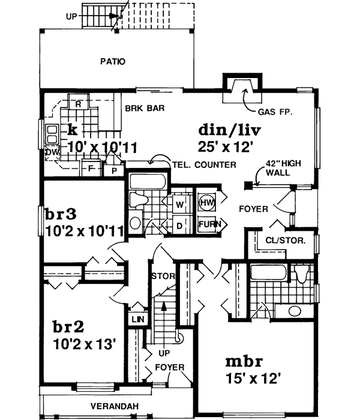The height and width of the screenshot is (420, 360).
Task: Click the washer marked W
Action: coord(179,204)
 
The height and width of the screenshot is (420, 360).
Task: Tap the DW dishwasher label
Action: coord(51,153)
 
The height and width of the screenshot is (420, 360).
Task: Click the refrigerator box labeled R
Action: coord(78,103)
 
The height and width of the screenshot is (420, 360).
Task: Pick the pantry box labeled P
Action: coord(113,170)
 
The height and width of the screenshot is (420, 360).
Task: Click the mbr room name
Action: coord(244,363)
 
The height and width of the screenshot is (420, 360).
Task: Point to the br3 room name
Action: coord(62,214)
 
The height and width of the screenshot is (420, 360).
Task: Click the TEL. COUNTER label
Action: coord(203,164)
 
